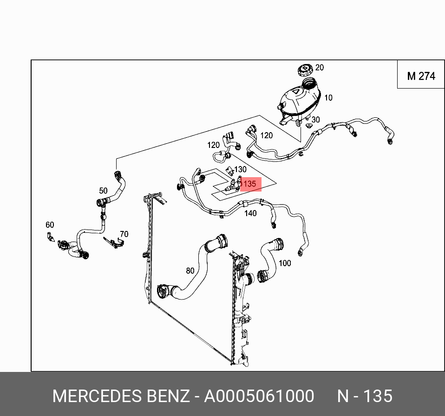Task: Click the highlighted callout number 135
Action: click(x=250, y=184)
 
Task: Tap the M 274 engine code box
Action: click(x=421, y=76)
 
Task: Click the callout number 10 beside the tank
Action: click(x=328, y=97)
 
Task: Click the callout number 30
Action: click(x=316, y=120)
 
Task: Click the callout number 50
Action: click(x=103, y=191)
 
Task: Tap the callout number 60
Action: click(x=50, y=225)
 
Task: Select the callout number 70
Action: click(x=124, y=234)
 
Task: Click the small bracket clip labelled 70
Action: click(x=113, y=242)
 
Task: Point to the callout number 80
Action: click(x=190, y=271)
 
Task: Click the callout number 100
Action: click(x=285, y=263)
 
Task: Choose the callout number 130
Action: click(x=241, y=170)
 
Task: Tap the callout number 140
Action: click(x=250, y=213)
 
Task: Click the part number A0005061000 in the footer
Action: click(x=259, y=397)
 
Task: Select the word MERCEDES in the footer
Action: click(x=97, y=397)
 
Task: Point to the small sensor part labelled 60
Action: click(x=50, y=237)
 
